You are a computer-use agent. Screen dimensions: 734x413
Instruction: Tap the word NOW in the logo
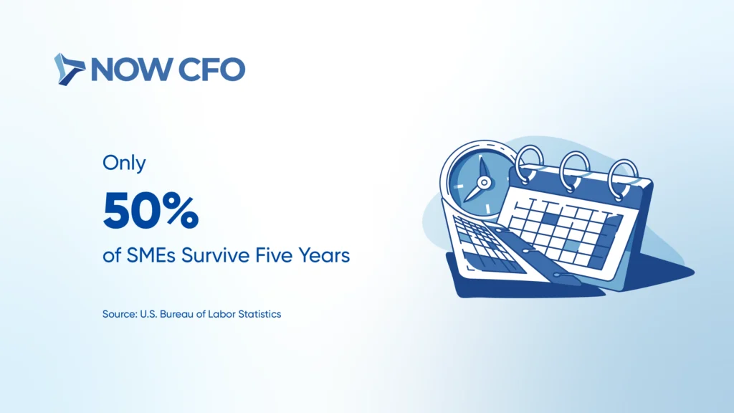132,70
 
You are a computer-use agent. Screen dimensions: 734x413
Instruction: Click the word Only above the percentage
124,163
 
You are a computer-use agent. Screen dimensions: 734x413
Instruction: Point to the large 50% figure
151,210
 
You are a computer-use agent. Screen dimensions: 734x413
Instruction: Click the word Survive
216,256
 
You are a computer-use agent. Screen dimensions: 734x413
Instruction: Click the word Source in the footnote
120,314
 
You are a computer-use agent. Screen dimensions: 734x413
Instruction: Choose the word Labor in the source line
221,314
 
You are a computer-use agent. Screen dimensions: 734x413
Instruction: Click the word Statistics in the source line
259,314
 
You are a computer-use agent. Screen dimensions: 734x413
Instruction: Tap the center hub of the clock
485,182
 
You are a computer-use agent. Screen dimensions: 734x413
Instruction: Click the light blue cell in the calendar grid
571,245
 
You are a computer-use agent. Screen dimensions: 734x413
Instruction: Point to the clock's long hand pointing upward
482,168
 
